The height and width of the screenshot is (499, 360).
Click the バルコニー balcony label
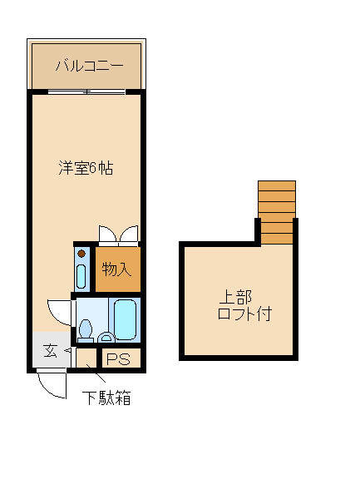coord(88,66)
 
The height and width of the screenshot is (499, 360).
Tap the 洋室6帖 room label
coord(86,168)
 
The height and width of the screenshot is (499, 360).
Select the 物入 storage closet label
coord(116,269)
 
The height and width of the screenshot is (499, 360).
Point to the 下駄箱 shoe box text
coord(106,398)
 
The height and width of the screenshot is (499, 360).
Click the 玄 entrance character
coord(50,351)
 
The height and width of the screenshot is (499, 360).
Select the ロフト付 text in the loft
coord(244,314)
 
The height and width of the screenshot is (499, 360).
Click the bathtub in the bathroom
coord(126,320)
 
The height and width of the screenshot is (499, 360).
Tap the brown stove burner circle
coord(81,254)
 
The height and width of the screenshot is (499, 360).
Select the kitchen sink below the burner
coord(81,275)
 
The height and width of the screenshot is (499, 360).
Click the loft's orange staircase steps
coord(277,211)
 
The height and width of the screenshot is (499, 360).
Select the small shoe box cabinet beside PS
coord(86,359)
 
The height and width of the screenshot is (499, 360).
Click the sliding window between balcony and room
coord(86,91)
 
